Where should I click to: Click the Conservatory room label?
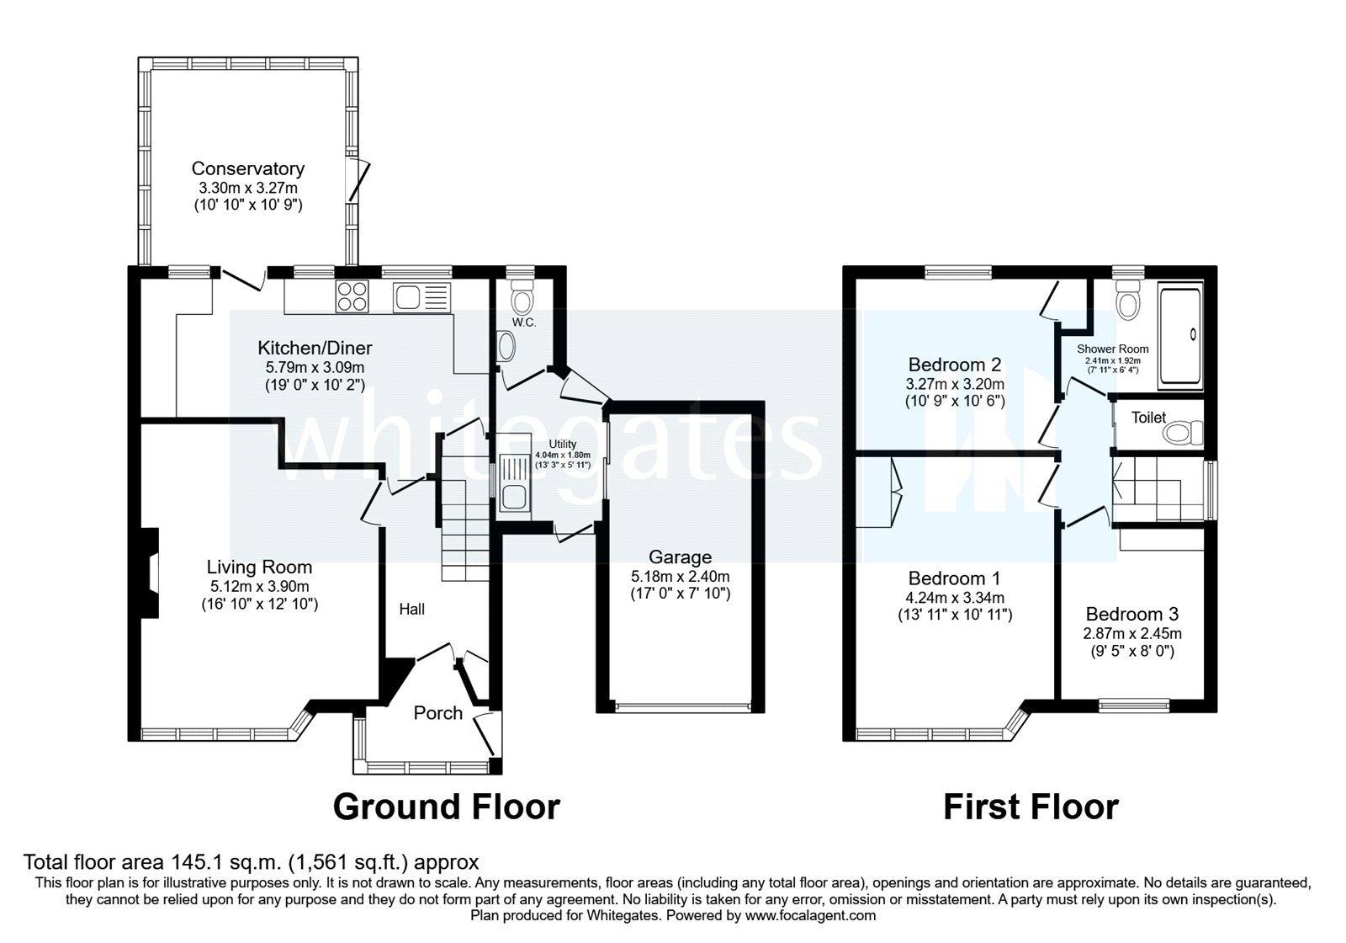click(x=247, y=169)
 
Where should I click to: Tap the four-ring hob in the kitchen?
click(x=352, y=296)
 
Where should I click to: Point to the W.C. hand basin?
click(x=506, y=347)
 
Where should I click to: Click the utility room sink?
click(x=511, y=483)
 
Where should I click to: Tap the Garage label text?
click(x=680, y=557)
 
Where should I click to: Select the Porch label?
click(x=437, y=713)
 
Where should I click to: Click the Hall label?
click(x=411, y=609)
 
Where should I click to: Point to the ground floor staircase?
click(x=464, y=522)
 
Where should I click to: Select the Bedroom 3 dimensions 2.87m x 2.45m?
click(x=1131, y=633)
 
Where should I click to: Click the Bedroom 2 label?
click(x=955, y=365)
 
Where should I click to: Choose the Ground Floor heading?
click(x=446, y=807)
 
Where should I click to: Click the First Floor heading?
click(x=1031, y=807)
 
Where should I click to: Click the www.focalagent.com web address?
click(x=811, y=915)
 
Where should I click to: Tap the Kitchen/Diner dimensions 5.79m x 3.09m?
click(x=315, y=367)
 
